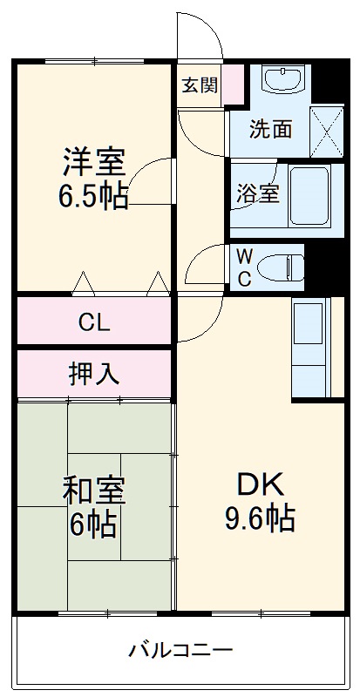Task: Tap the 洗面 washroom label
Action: coord(270,129)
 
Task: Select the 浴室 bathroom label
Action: coord(258,194)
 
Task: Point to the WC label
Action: coord(245,267)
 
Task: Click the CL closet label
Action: coord(94,322)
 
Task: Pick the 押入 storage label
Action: coord(94,374)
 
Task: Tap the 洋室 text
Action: coord(93,163)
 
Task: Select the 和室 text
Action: coord(93,492)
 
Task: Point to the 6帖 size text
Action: coord(93,525)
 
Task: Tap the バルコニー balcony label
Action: coord(180,650)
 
